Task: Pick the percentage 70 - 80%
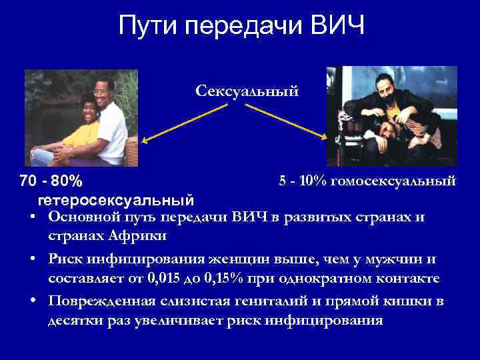51,181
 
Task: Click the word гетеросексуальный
116,199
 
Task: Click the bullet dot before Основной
33,217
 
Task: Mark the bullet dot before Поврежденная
33,301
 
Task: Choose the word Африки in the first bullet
144,237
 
